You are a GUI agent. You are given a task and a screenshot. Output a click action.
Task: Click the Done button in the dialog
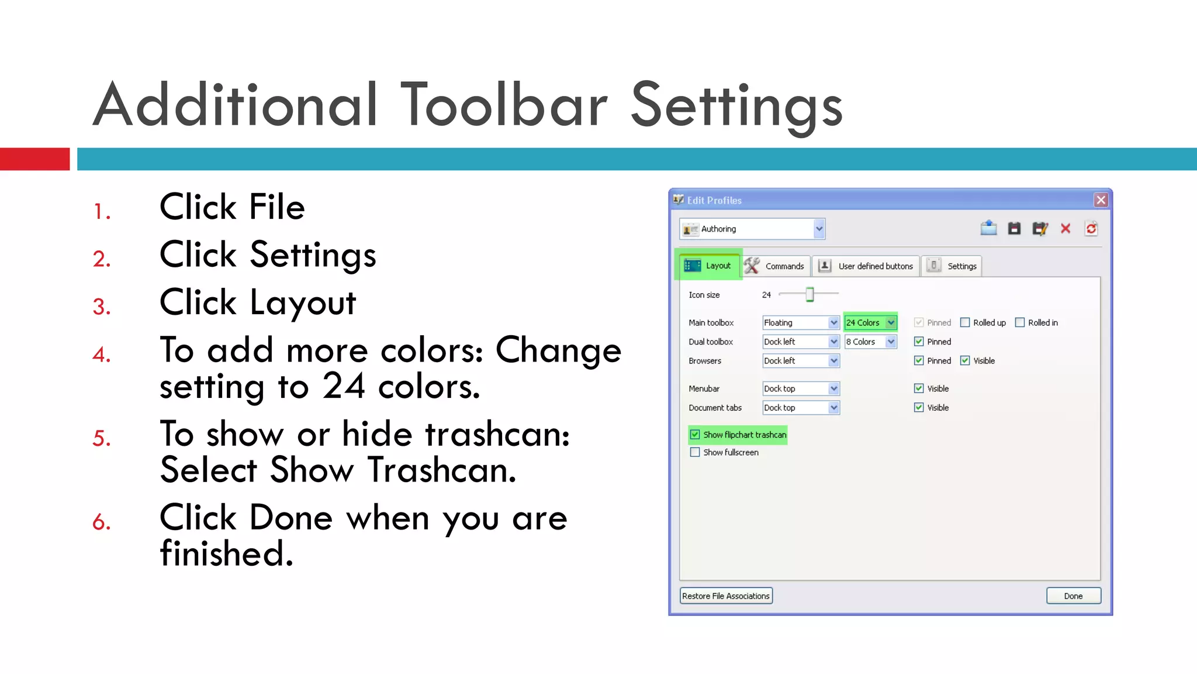pos(1073,596)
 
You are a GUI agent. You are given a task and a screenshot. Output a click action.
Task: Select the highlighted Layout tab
pos(708,266)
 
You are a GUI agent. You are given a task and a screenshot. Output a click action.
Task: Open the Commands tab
pos(777,266)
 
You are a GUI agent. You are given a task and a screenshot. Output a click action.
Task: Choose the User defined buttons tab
pos(867,266)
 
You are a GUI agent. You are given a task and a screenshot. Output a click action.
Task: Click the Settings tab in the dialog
pos(953,266)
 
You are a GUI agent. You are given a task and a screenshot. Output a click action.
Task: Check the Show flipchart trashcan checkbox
pos(695,435)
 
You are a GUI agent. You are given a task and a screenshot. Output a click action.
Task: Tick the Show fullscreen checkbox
pos(695,452)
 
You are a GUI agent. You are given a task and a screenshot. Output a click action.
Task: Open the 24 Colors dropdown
pos(870,322)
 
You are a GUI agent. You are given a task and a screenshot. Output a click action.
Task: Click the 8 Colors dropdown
pos(870,342)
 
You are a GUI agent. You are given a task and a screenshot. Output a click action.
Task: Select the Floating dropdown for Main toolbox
pos(800,322)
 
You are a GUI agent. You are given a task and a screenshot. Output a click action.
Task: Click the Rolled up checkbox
pos(965,322)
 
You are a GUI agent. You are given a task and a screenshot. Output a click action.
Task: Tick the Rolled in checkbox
pos(1020,322)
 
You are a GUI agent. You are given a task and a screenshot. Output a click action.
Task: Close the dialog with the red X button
pos(1101,200)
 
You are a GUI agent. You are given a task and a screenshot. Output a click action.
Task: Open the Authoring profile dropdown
pos(753,229)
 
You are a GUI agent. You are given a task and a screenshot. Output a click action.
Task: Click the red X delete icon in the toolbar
pos(1065,229)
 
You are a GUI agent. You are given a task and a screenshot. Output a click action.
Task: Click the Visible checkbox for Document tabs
pos(919,408)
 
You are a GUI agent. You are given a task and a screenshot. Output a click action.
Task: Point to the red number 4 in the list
pos(101,355)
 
